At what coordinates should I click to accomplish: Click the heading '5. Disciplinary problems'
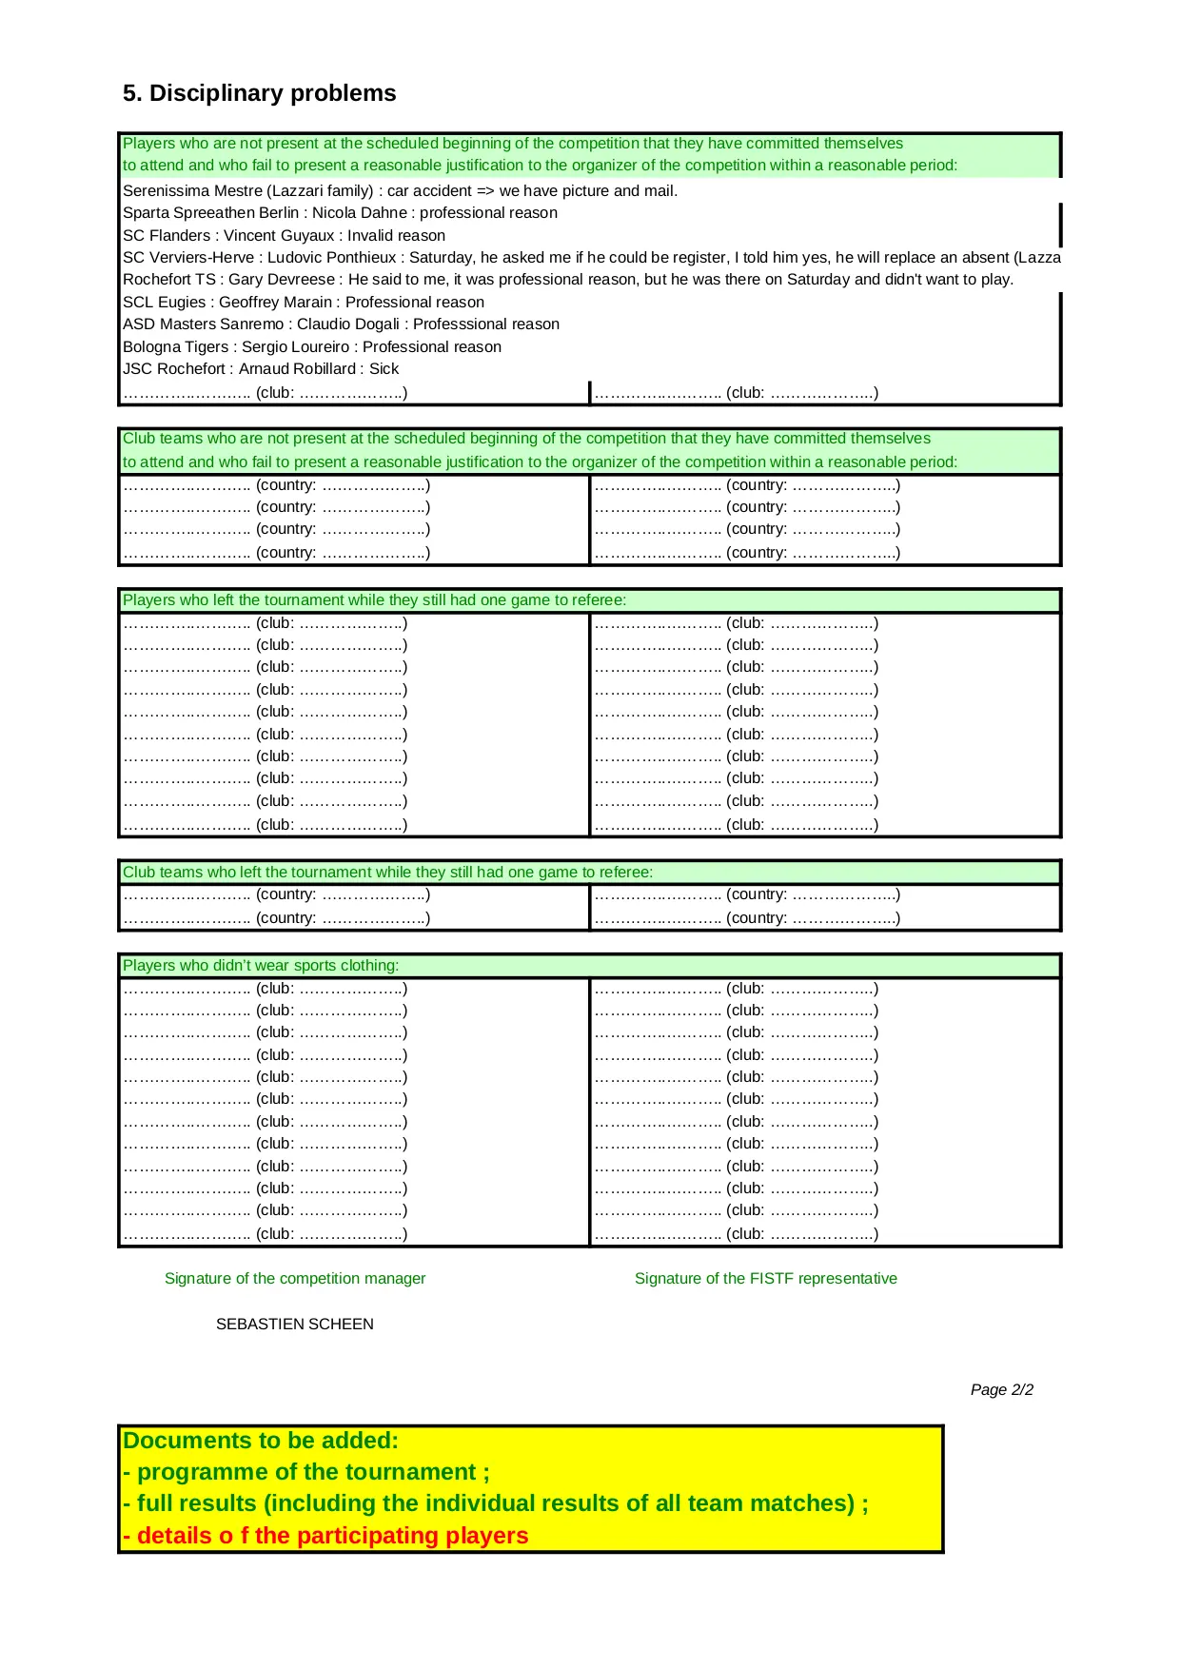coord(259,93)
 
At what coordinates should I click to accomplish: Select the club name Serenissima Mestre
coord(186,191)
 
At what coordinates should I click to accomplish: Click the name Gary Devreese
coord(282,280)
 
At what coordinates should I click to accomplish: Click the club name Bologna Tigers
coord(176,347)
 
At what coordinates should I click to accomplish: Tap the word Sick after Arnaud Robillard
coord(384,369)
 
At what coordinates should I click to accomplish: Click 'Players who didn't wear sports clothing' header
coord(261,966)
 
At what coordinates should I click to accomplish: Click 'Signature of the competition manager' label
coord(295,1279)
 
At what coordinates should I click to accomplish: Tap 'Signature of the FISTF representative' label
coord(765,1279)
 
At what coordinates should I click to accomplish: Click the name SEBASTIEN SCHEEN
coord(294,1325)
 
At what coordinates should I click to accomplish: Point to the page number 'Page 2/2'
coord(1001,1390)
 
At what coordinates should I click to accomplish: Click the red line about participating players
coord(325,1536)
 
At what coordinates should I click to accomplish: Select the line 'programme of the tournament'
coord(306,1472)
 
